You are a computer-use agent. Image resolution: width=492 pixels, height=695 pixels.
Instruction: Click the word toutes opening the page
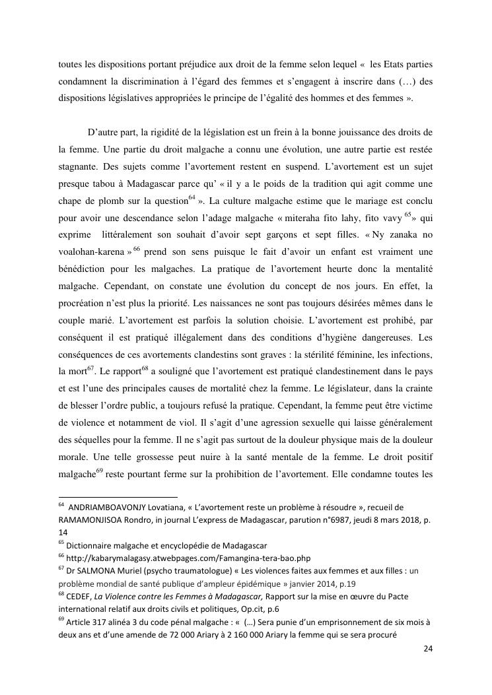[x=71, y=65]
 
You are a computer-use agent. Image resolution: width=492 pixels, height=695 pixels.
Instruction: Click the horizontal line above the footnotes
[x=118, y=496]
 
